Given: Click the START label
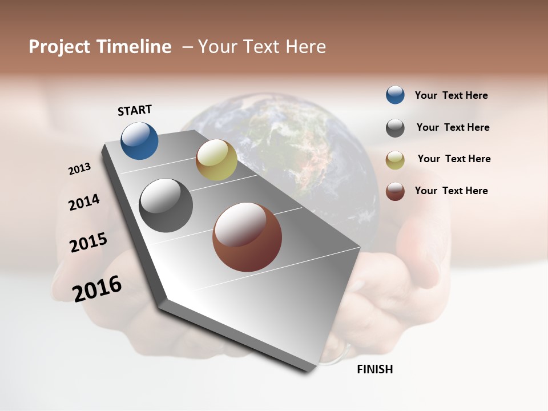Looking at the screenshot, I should pos(135,110).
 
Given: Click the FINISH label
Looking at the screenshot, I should pos(375,369).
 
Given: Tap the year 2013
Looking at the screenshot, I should pos(79,169).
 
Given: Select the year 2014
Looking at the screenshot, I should pos(84,203).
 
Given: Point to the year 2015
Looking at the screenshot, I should pos(88,243).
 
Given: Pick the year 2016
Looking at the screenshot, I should pos(97,288).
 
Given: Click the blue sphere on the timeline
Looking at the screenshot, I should pos(140,141).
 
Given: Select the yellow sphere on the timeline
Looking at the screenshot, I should pos(216,160).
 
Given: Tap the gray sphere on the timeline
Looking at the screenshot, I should pos(166,205).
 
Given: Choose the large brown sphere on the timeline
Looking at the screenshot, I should pos(247,237).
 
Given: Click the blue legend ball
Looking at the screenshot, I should pos(395,95).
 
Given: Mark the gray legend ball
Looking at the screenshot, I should pos(395,128).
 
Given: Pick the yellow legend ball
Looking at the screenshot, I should pos(395,160).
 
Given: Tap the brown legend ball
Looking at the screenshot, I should pos(395,191).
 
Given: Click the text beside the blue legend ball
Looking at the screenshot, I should pos(451,95).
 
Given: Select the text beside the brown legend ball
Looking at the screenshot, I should pos(451,191).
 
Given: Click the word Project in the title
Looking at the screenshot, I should pos(59,47).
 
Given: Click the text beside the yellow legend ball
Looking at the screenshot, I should pos(454,159).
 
